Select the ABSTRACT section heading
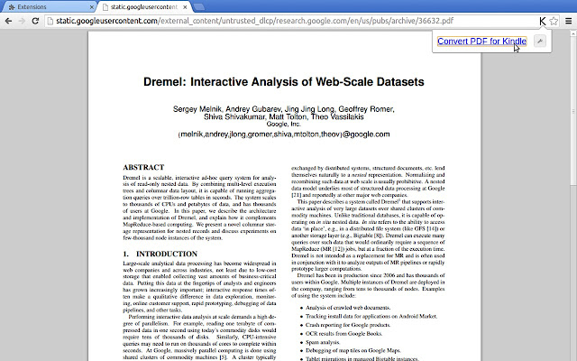click(143, 168)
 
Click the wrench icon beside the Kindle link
click(539, 41)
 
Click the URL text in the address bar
click(288, 19)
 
